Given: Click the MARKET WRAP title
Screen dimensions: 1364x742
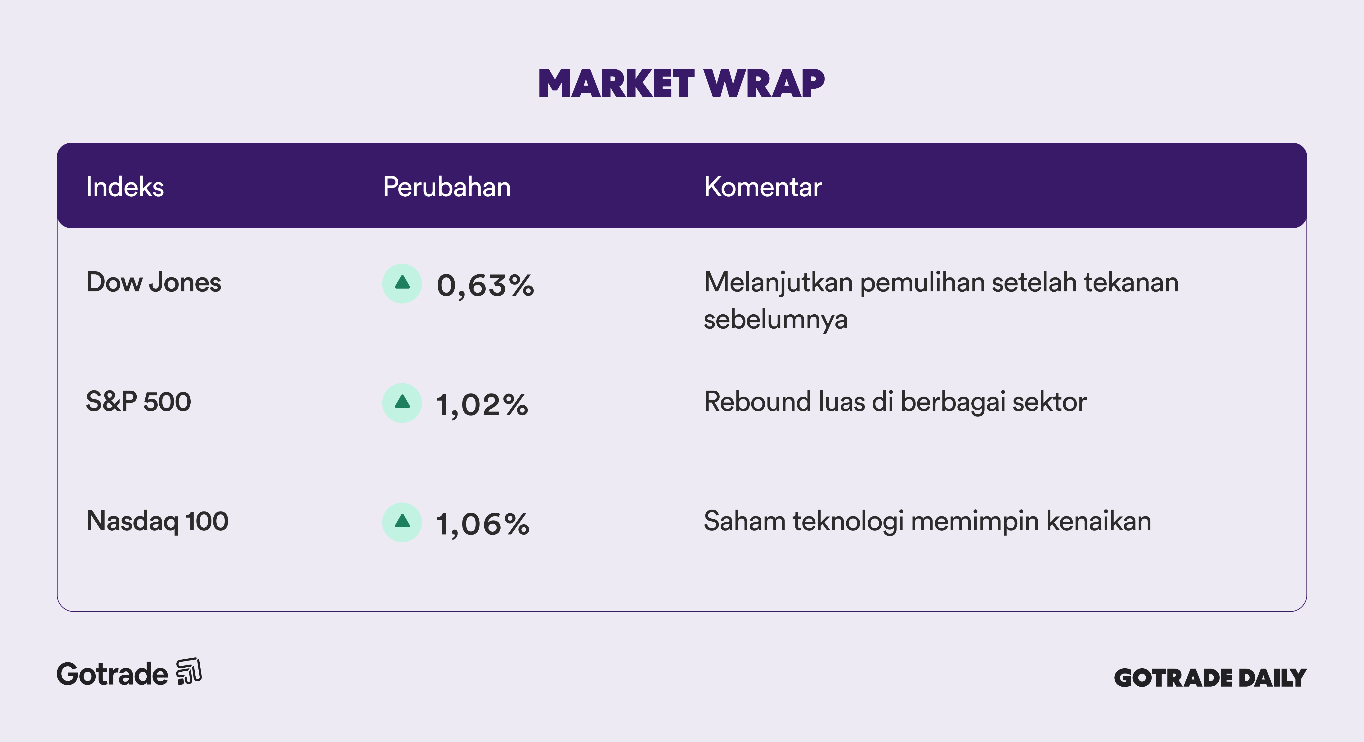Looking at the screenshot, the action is [x=682, y=84].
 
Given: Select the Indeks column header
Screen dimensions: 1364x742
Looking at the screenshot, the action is [x=125, y=187].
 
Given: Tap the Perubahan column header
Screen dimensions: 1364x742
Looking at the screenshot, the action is [x=447, y=187].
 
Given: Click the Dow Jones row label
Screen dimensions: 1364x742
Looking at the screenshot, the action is [x=153, y=282].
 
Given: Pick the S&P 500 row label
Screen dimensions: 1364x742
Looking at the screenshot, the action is [x=138, y=402].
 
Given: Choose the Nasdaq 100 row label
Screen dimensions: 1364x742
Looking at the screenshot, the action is [x=157, y=521].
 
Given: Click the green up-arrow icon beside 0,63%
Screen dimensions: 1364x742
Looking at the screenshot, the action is [x=402, y=283].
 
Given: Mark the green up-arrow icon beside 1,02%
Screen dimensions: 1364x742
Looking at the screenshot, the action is [x=402, y=403].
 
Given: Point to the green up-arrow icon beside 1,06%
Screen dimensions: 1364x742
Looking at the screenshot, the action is [x=402, y=522].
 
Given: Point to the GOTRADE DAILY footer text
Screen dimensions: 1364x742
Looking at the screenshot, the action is [x=1211, y=678].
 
